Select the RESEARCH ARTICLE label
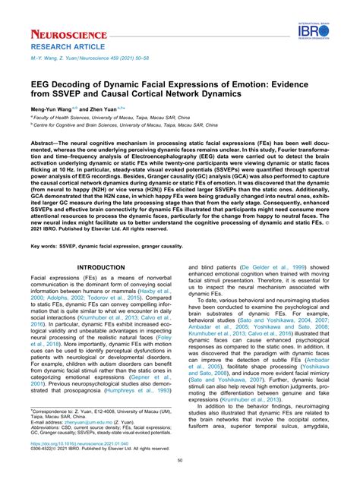click(x=60, y=47)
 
